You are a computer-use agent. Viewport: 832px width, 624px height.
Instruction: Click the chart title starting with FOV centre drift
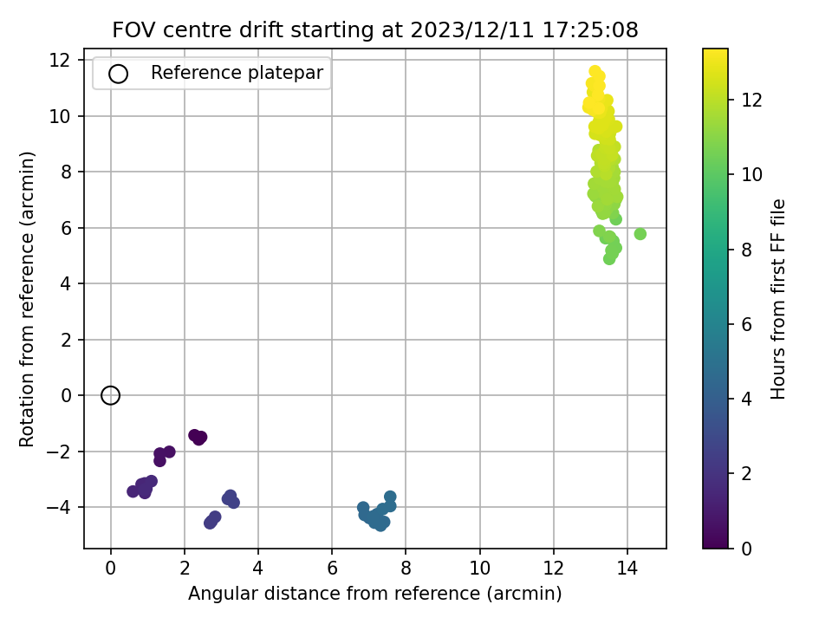[375, 29]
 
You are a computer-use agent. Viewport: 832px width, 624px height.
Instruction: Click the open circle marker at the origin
[110, 395]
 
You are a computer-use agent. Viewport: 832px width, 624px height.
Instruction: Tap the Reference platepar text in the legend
[237, 73]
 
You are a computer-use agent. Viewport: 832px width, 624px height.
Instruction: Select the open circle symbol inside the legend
[118, 74]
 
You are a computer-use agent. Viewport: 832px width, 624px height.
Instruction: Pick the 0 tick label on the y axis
[66, 395]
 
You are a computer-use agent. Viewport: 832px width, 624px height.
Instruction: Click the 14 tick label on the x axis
[627, 568]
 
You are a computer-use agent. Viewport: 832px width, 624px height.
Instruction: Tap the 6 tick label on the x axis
[332, 568]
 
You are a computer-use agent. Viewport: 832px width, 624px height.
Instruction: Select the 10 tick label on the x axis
[479, 568]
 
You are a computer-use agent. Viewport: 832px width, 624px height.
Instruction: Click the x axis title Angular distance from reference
[374, 593]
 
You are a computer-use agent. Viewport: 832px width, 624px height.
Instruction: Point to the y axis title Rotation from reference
[27, 299]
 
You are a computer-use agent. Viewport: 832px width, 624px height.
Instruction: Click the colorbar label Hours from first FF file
[777, 299]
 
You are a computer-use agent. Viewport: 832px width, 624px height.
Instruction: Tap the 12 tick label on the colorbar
[751, 100]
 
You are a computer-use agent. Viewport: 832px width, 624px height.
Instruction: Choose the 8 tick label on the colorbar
[746, 250]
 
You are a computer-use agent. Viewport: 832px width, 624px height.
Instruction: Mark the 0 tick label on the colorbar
[746, 548]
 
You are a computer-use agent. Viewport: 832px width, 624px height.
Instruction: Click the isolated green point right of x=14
[640, 233]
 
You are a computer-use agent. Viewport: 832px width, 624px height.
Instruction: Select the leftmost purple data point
[133, 491]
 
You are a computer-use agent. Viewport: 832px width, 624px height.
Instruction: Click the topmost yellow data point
[595, 71]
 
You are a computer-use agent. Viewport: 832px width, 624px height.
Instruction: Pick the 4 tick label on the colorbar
[746, 399]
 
